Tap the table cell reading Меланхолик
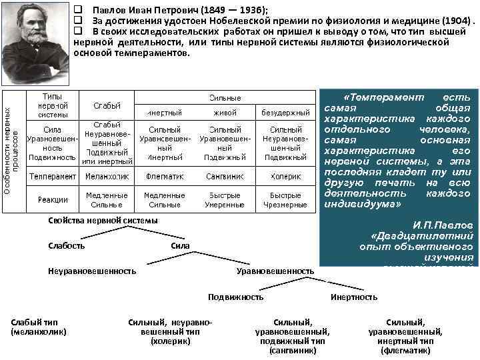107,177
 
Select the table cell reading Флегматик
165,177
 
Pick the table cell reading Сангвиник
225,177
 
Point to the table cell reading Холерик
285,177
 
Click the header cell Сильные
225,98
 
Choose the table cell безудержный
285,113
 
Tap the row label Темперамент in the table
53,177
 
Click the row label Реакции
53,199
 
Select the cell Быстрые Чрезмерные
285,200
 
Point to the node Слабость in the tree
67,246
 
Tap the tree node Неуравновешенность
92,271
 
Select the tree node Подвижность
235,297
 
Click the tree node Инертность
353,297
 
